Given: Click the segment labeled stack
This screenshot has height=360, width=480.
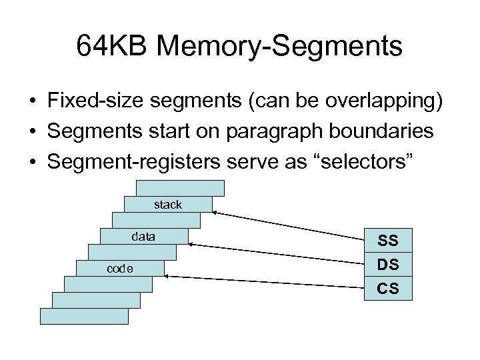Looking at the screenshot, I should coord(168,205).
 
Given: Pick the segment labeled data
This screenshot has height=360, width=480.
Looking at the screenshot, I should coord(144,237).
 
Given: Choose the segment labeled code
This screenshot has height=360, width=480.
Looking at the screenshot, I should coord(120,269).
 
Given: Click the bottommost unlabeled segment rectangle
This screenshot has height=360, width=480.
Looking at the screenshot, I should coord(84,316).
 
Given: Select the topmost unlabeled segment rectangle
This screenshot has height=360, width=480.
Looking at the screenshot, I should coord(180,188).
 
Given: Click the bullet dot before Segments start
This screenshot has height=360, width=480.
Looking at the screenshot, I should coord(31,132).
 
